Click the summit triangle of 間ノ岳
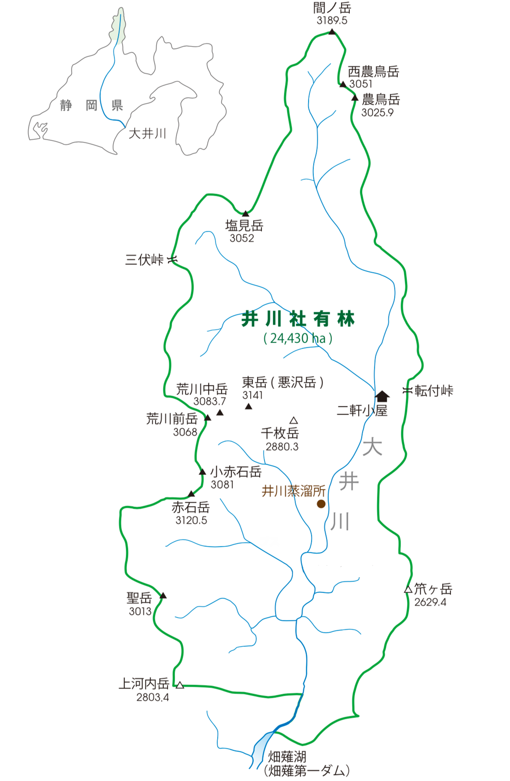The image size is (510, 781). point(332,31)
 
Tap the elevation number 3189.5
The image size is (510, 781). point(332,20)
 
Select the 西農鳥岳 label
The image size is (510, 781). point(374,72)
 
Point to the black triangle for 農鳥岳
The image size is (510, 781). point(355,98)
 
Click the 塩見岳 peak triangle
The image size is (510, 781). point(245,214)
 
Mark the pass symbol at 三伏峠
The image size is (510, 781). point(172,259)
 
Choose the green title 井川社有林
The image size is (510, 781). point(298,319)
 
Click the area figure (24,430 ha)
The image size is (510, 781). point(298,338)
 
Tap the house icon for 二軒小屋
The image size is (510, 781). point(382,396)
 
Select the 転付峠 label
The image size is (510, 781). point(434,390)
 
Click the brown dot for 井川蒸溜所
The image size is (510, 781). point(321,504)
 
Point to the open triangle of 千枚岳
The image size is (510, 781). point(294,421)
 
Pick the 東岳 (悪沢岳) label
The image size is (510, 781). point(283,382)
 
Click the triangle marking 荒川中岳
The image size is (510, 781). point(220,413)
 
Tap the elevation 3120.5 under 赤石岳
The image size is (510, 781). point(191,520)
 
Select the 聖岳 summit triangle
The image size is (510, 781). point(163,596)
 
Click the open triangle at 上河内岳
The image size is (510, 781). point(180,685)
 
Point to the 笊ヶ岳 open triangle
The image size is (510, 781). point(408,589)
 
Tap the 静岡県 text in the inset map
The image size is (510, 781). point(91,105)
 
